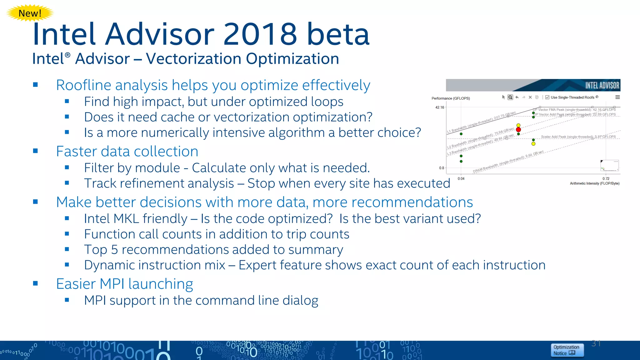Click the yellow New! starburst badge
[x=30, y=13]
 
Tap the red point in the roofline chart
[x=518, y=129]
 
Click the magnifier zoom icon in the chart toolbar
[x=510, y=97]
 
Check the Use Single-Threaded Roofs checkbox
[x=547, y=97]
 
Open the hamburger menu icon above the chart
[x=617, y=97]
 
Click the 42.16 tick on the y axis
[x=439, y=107]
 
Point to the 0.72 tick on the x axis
[x=606, y=178]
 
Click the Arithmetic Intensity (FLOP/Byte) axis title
[x=594, y=183]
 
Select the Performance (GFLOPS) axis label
[x=450, y=98]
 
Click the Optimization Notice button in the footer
[x=567, y=350]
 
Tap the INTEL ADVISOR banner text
[x=602, y=85]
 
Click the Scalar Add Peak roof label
[x=578, y=137]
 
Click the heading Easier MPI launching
[x=124, y=284]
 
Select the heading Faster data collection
[x=127, y=152]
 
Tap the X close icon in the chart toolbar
[x=530, y=97]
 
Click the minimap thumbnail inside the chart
[x=609, y=166]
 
